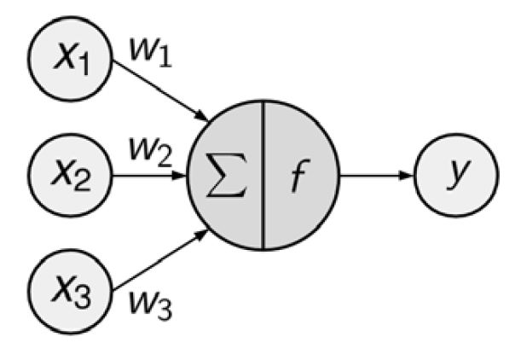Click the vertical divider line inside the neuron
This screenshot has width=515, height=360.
point(263,177)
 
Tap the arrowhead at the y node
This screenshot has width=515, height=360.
point(408,177)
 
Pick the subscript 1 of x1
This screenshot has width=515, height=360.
point(85,68)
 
